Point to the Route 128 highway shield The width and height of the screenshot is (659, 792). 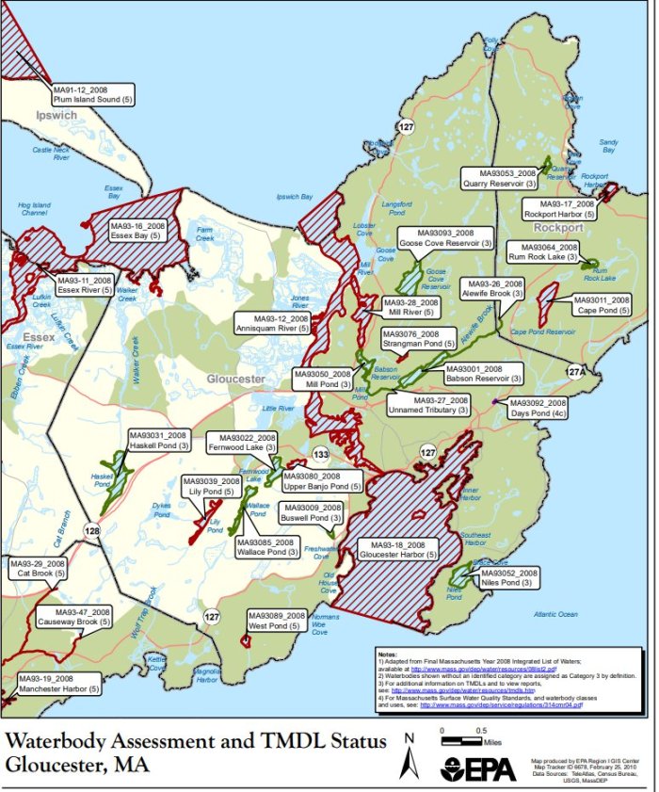click(x=91, y=533)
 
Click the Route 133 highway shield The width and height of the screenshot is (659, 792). click(x=321, y=455)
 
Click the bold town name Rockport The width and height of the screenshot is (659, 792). click(x=558, y=228)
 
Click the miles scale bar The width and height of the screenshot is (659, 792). click(x=467, y=731)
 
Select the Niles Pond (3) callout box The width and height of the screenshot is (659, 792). click(x=507, y=578)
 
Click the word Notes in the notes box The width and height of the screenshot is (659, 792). click(x=387, y=654)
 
